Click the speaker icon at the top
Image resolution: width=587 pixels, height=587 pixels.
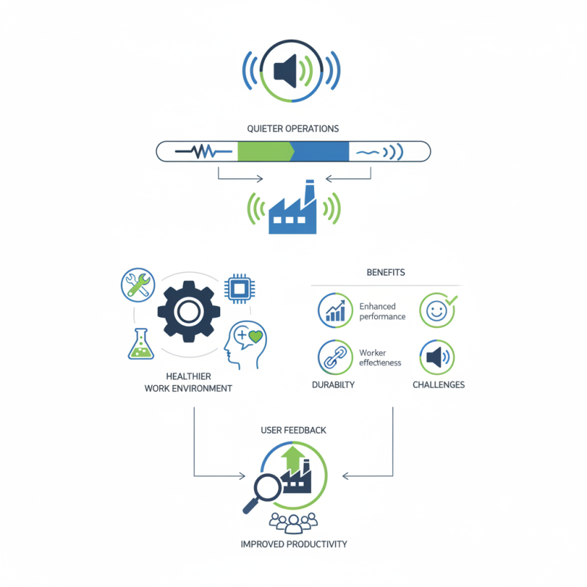click(x=292, y=71)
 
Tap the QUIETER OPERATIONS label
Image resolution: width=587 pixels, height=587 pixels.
click(x=293, y=128)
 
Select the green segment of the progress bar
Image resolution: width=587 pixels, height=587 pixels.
click(x=264, y=152)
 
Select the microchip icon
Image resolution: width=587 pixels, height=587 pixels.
click(x=238, y=287)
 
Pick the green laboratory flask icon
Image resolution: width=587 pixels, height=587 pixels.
click(x=140, y=344)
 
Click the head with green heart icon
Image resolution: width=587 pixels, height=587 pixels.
click(x=245, y=343)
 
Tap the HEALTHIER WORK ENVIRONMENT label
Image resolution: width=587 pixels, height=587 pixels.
click(x=189, y=382)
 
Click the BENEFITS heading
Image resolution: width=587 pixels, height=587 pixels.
click(x=385, y=272)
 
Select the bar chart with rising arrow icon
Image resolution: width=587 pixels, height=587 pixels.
click(x=335, y=311)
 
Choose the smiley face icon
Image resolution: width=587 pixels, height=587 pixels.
click(x=436, y=310)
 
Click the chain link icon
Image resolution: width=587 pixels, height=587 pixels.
click(x=335, y=357)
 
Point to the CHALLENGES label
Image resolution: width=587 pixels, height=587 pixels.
click(x=438, y=385)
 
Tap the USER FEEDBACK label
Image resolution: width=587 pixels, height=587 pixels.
click(x=293, y=429)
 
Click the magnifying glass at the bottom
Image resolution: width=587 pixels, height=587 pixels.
click(x=263, y=489)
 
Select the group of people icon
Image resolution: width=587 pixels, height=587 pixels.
click(x=293, y=522)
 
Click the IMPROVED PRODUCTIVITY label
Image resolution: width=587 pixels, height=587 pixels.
click(x=293, y=544)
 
